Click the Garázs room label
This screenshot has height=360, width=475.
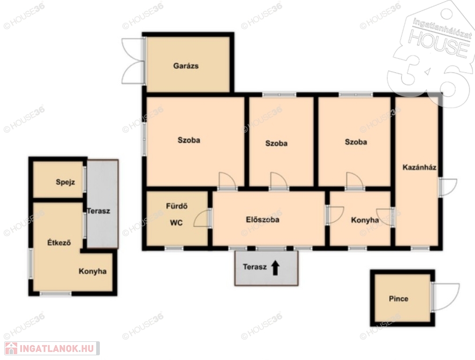186,66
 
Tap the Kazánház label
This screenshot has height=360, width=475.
419,167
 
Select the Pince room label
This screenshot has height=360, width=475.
399,299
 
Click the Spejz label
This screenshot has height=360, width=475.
65,182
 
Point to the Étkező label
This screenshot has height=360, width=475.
59,242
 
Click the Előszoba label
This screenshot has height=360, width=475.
262,219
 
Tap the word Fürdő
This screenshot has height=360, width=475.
177,206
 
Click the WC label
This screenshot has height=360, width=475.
176,223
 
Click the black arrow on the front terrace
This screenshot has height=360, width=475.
275,268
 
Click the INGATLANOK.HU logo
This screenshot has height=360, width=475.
52,348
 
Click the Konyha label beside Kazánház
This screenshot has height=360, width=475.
365,220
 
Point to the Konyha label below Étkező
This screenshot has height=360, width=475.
92,271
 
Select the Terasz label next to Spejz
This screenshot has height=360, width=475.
98,211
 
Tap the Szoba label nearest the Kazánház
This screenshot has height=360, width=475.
355,142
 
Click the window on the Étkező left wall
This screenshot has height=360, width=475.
30,263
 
